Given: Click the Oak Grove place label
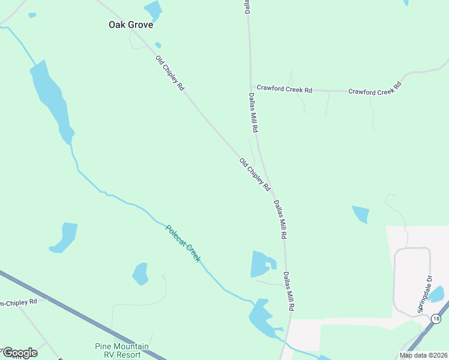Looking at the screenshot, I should tap(130, 25).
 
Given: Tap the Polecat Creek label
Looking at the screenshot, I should tap(183, 243).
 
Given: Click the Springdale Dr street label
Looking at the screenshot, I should tap(425, 295).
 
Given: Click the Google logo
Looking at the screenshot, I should tap(20, 353).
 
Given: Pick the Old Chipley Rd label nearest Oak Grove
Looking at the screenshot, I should tap(170, 73).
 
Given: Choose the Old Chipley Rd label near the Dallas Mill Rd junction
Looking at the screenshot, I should tap(255, 175).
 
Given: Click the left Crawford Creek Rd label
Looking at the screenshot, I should tap(285, 90).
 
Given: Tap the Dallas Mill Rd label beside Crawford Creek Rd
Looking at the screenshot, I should tap(253, 112).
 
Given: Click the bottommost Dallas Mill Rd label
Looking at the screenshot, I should tap(288, 290).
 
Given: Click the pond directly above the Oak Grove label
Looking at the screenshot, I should tap(152, 10).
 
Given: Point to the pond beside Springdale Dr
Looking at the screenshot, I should tap(436, 294).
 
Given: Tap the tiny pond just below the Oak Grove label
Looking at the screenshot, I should tap(158, 45).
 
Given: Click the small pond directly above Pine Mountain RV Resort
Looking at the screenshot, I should tap(140, 274).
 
